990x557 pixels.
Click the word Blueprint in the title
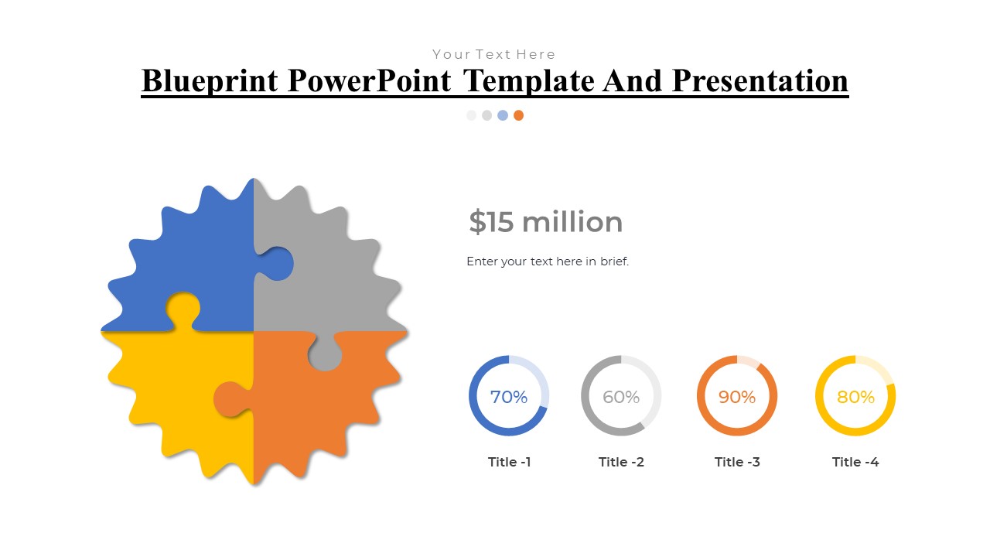[210, 81]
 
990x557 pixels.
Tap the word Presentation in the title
[760, 81]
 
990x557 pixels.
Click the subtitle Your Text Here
[493, 54]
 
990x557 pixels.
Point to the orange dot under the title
[518, 115]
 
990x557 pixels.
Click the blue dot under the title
[503, 115]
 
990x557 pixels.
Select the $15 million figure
[545, 221]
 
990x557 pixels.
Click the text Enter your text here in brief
[548, 261]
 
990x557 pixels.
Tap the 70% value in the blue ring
[509, 397]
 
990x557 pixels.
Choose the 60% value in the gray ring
[621, 397]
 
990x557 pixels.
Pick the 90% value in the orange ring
[737, 397]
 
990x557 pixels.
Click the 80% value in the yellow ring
[855, 397]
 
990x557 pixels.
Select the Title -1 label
[509, 462]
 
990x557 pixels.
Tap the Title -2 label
[621, 462]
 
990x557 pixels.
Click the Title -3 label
[737, 462]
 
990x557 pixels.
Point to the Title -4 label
[855, 462]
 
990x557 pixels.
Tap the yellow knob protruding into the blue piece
[183, 309]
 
